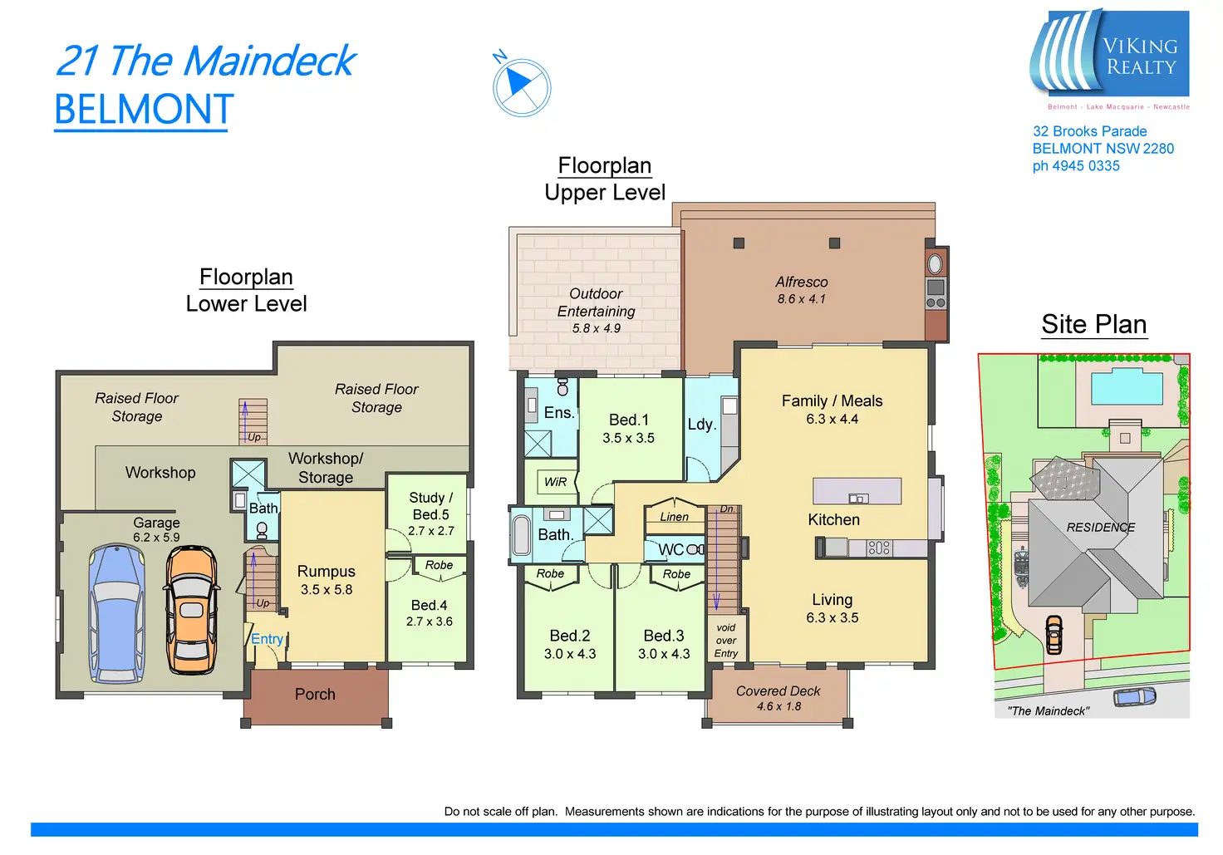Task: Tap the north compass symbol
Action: [x=521, y=86]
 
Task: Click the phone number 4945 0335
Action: [x=1076, y=166]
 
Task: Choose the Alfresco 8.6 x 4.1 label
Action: [x=801, y=290]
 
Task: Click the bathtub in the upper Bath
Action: [x=522, y=535]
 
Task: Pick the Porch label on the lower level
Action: [x=315, y=694]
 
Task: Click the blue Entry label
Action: [x=267, y=639]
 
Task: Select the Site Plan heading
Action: [x=1093, y=324]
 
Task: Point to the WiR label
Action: [x=555, y=482]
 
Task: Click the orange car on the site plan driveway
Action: [x=1054, y=634]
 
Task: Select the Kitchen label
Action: [x=833, y=519]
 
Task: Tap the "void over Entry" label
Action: [x=726, y=641]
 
